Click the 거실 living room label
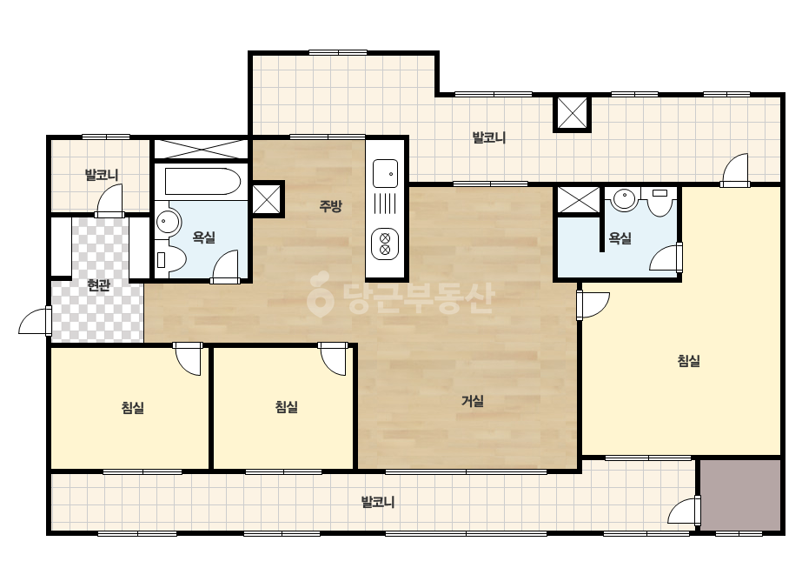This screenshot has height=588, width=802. (473, 401)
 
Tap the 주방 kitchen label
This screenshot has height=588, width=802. (330, 206)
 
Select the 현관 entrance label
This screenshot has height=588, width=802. (99, 284)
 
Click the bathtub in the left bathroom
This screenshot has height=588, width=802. (202, 182)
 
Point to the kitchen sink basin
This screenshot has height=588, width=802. (385, 174)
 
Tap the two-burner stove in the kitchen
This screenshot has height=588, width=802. (385, 244)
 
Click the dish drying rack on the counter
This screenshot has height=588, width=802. (385, 204)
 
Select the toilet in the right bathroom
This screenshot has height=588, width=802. (659, 202)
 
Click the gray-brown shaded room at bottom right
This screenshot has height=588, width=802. (740, 495)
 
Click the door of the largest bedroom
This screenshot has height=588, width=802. (593, 305)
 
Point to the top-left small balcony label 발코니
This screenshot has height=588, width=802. (102, 175)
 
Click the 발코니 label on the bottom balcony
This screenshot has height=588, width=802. (378, 502)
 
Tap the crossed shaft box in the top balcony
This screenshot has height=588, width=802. (573, 114)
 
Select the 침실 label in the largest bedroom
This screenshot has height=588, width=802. (688, 361)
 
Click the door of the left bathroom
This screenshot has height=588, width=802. (226, 266)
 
